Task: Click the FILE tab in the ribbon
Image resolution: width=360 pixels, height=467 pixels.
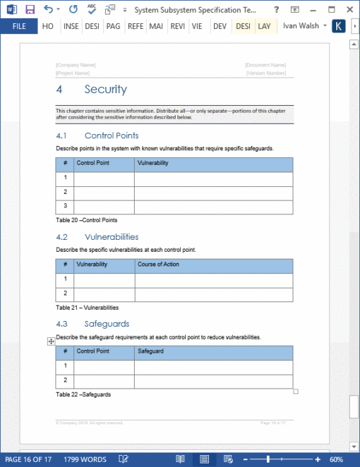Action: click(x=19, y=26)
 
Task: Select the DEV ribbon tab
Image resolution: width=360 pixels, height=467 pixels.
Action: click(x=220, y=26)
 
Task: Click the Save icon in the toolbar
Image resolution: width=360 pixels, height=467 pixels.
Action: click(x=30, y=9)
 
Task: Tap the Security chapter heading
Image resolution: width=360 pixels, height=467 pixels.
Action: click(x=105, y=90)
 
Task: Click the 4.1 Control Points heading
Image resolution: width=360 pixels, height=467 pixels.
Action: click(x=111, y=135)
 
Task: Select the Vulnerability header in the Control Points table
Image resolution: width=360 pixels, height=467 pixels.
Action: click(x=153, y=163)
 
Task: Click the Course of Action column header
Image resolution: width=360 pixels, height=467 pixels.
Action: click(x=158, y=265)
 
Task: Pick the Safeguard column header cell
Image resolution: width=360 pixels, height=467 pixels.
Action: click(x=150, y=351)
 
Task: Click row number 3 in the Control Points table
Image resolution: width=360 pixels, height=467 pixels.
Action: click(x=65, y=206)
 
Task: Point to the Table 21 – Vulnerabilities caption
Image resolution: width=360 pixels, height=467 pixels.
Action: click(x=87, y=308)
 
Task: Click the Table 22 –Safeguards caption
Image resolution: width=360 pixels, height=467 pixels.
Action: click(x=83, y=394)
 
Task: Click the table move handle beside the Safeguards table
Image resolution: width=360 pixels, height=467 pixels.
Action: click(x=51, y=341)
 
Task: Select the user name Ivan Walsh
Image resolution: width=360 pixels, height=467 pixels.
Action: click(x=301, y=26)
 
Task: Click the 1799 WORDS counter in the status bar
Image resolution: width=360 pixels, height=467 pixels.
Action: click(x=85, y=459)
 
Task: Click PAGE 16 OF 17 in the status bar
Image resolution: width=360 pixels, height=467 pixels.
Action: click(x=28, y=459)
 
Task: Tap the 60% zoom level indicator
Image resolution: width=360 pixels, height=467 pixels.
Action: click(x=336, y=459)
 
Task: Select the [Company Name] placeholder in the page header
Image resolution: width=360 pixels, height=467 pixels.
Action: click(x=76, y=65)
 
